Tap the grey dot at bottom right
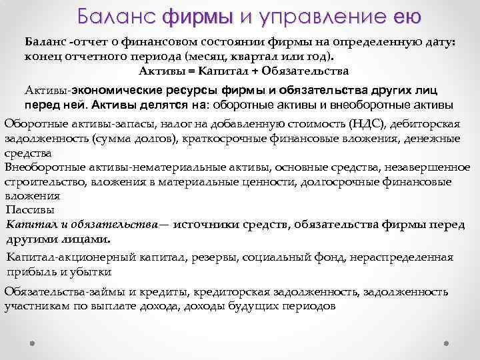point(447,343)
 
